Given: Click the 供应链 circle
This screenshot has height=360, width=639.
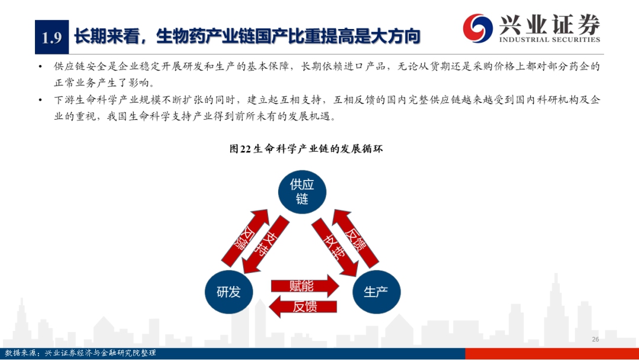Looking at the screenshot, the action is pos(302,192).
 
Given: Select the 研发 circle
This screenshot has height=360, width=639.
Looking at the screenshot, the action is pos(228,292).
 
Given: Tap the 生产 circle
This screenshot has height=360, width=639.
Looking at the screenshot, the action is pos(376,292).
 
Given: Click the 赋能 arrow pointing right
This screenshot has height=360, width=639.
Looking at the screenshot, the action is pos(305,286).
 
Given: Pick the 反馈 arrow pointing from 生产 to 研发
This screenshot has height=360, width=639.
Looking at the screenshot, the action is pos(303,307).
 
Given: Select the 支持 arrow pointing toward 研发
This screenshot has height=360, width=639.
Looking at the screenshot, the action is pos(265,245).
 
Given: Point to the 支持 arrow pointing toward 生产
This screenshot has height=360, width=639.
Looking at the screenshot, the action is pos(335,247).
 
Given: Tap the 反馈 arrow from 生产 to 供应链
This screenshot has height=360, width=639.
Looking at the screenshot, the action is pos(356,238).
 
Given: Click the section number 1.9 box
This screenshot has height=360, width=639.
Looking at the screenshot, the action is pos(51,37).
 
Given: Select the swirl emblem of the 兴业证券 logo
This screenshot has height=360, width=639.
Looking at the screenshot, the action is pos(478,28).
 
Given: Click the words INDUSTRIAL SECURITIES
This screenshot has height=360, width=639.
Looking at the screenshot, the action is pos(550,40).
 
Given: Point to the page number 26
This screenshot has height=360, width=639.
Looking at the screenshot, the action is pos(595,339).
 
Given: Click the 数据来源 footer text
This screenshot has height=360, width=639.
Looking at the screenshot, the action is pos(80,353).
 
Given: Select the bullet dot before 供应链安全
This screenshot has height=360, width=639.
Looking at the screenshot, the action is pos(40,66).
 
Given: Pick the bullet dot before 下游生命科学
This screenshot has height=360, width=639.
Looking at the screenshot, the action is pos(40,100).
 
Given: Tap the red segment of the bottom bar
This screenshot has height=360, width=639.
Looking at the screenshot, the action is pos(552,353).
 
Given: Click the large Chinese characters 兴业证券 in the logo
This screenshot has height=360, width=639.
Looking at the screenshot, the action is pos(550,24).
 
